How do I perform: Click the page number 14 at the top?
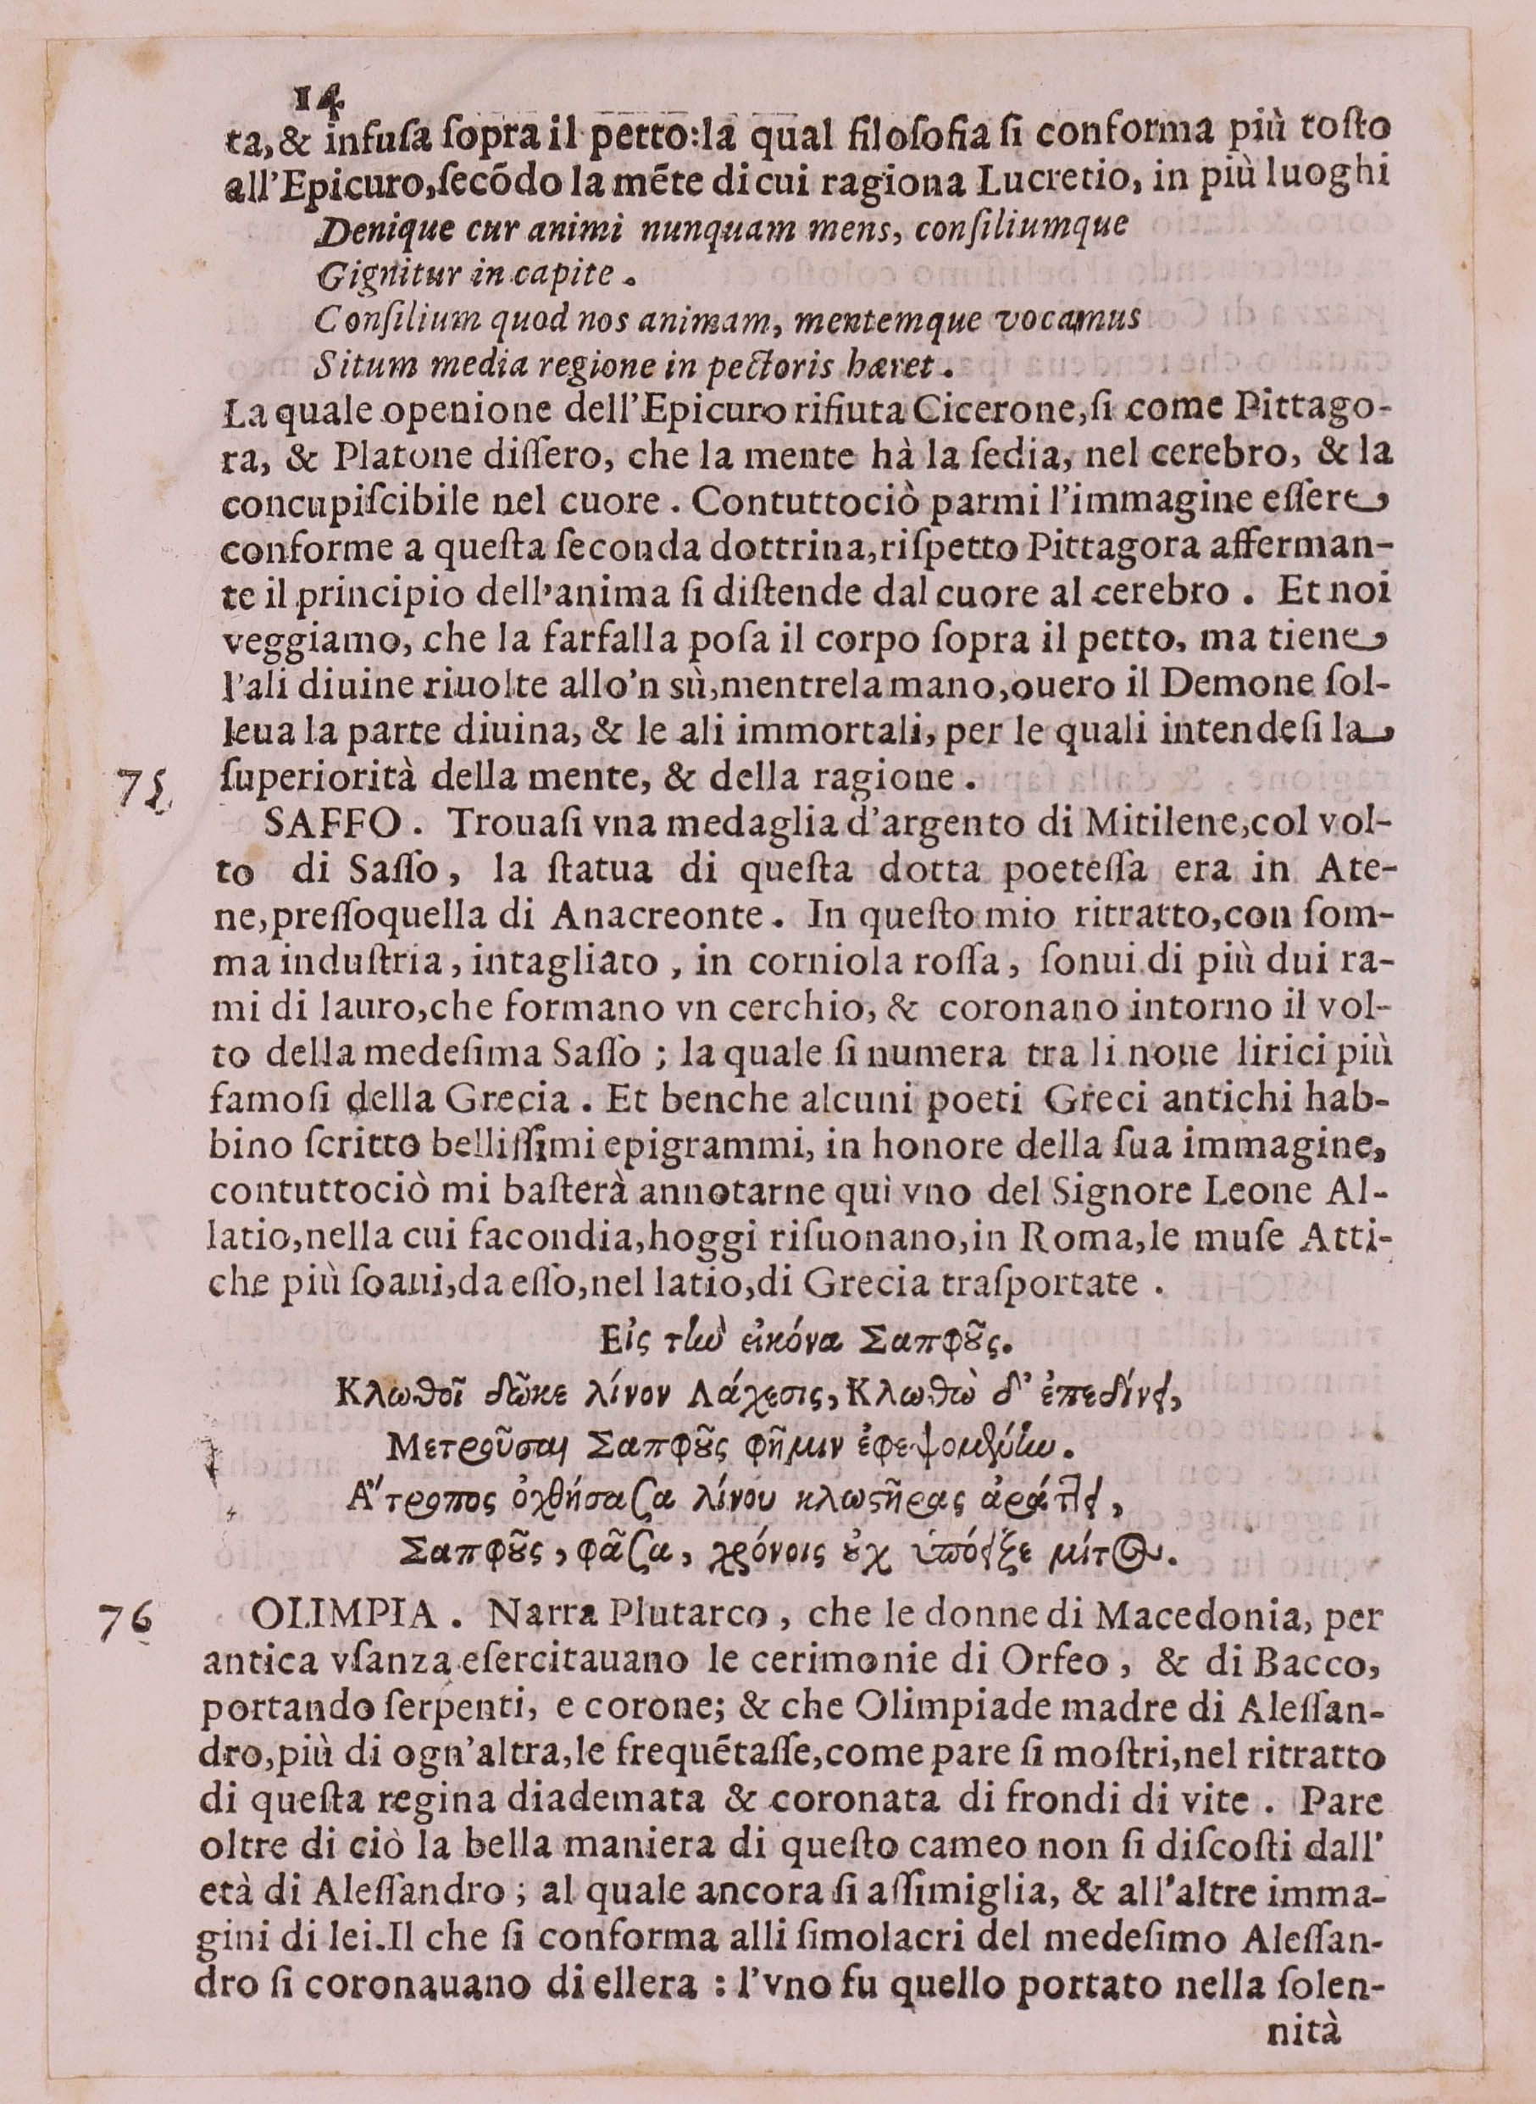point(318,96)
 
